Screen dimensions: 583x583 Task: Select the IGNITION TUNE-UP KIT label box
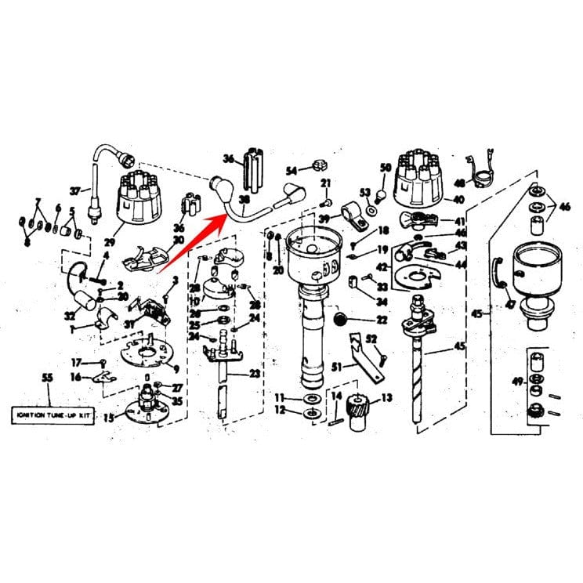(x=53, y=416)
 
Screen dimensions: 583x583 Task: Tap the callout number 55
(x=47, y=378)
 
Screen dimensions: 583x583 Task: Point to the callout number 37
(x=75, y=190)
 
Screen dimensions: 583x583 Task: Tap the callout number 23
(x=255, y=374)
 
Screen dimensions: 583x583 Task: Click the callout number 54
(x=291, y=170)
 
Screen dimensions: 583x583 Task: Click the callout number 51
(x=337, y=366)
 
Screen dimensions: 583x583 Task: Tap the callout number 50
(x=385, y=168)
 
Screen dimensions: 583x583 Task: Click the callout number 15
(x=109, y=418)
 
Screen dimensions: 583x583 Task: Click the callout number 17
(x=76, y=362)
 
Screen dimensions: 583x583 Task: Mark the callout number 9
(x=176, y=369)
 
